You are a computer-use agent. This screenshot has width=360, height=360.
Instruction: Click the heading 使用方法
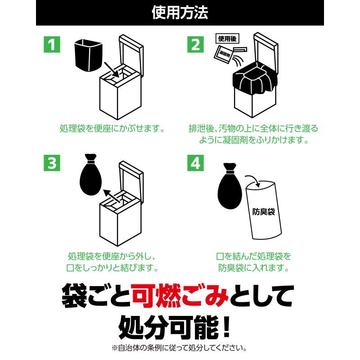pos(180,13)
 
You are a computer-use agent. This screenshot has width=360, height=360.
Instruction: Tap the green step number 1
pos(52,44)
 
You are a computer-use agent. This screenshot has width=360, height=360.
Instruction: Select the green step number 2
pos(195,44)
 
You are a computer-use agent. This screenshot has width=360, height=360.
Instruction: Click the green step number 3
pos(52,163)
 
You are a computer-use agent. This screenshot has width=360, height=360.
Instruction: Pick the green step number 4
pos(195,163)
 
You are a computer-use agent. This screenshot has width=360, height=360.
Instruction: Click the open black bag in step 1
pos(88,55)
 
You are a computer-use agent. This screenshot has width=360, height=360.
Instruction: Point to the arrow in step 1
pos(112,70)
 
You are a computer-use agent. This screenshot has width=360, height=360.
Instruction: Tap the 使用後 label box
pos(227,39)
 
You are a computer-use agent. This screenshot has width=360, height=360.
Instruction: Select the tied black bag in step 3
pos(91,175)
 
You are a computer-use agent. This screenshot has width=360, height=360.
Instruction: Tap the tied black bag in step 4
pos(229,186)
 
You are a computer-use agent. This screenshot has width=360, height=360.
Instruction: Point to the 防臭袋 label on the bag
pos(264,211)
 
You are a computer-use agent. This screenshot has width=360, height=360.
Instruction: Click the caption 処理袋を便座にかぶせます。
pos(112,128)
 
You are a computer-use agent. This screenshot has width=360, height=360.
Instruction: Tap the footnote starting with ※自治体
pos(179,348)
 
